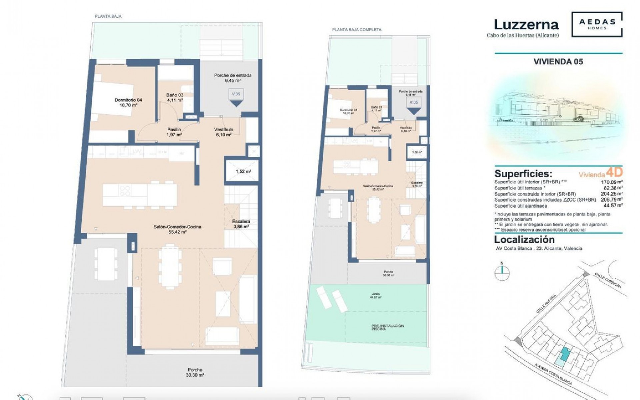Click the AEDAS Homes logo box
click(597, 24)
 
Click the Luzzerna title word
click(526, 25)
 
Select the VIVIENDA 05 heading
click(558, 62)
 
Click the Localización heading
click(524, 239)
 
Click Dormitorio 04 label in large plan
click(128, 102)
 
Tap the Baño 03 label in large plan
click(175, 97)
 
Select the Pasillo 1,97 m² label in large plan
click(174, 132)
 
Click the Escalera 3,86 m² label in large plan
click(241, 224)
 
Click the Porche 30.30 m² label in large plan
click(195, 372)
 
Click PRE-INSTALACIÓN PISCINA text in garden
click(388, 327)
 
